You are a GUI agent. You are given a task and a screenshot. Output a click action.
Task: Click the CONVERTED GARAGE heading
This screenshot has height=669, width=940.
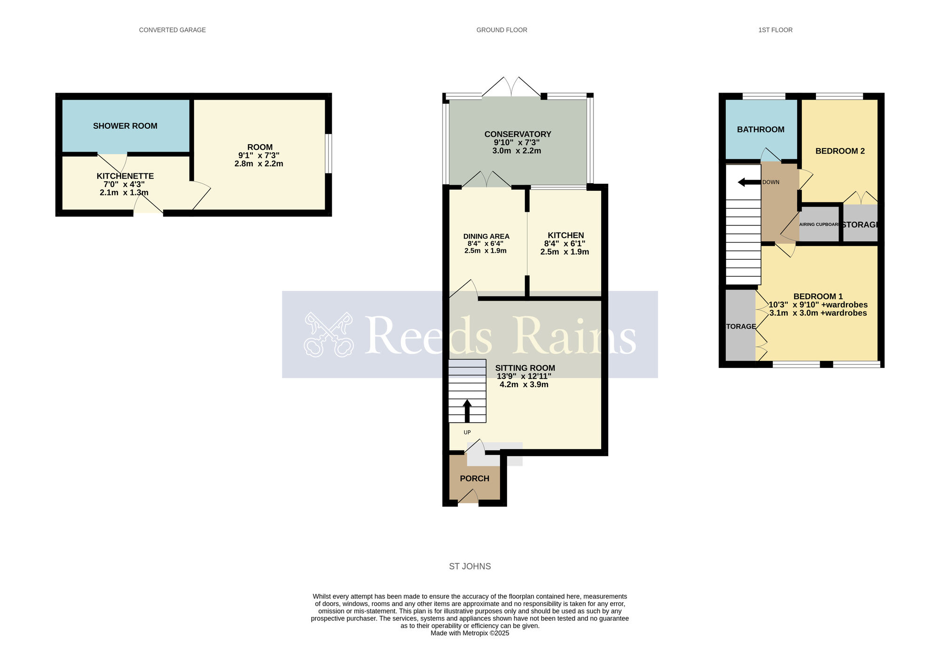pyautogui.click(x=172, y=30)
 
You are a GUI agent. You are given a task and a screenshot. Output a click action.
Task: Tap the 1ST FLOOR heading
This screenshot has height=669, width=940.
pyautogui.click(x=775, y=30)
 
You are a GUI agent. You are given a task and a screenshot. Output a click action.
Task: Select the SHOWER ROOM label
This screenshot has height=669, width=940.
pyautogui.click(x=125, y=126)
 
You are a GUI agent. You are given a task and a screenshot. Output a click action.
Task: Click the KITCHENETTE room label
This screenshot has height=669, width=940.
pyautogui.click(x=125, y=176)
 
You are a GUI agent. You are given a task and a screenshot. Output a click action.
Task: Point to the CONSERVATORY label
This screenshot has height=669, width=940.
pyautogui.click(x=517, y=134)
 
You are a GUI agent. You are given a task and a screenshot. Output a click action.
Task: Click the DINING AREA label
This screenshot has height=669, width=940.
pyautogui.click(x=486, y=236)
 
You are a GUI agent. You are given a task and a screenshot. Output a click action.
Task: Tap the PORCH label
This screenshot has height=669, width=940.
pyautogui.click(x=474, y=478)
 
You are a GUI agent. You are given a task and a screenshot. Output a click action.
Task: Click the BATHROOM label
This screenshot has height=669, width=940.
pyautogui.click(x=760, y=130)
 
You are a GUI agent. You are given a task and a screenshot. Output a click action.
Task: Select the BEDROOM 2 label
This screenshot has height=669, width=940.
pyautogui.click(x=839, y=151)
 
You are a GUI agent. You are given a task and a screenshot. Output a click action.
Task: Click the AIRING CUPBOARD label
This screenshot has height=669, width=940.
pyautogui.click(x=819, y=225)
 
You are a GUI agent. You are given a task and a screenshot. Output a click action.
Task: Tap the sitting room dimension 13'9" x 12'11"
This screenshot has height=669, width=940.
pyautogui.click(x=524, y=376)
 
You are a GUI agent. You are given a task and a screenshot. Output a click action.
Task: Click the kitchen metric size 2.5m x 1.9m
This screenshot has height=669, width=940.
pyautogui.click(x=564, y=252)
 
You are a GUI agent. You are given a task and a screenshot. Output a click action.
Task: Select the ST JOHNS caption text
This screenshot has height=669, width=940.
pyautogui.click(x=470, y=567)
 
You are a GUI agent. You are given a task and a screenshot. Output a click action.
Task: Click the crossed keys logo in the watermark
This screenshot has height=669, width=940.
pyautogui.click(x=328, y=334)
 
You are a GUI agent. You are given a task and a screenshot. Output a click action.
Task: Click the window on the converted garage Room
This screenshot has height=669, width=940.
pyautogui.click(x=329, y=154)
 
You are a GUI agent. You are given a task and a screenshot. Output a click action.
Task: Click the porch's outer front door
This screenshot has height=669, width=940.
pyautogui.click(x=468, y=497)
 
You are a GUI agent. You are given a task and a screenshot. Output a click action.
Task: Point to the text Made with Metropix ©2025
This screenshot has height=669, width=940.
pyautogui.click(x=470, y=633)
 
